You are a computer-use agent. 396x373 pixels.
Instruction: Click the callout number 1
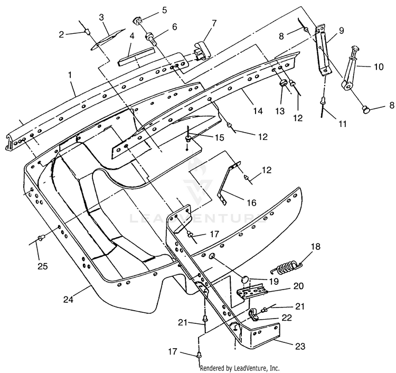[70, 75]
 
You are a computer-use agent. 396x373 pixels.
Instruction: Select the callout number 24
[68, 300]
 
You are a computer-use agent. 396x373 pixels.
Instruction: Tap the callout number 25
[42, 266]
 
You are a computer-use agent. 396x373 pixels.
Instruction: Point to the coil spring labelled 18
[286, 268]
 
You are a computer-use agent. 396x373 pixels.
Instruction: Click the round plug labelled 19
[244, 280]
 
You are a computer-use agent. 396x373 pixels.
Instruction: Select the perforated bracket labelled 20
[252, 291]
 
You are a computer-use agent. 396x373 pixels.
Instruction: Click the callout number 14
[258, 111]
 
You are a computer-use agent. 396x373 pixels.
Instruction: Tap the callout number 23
[300, 346]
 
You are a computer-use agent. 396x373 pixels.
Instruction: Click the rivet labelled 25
[41, 238]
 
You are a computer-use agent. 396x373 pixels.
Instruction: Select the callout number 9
[341, 31]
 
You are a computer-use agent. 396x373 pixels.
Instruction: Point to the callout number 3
[101, 17]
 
